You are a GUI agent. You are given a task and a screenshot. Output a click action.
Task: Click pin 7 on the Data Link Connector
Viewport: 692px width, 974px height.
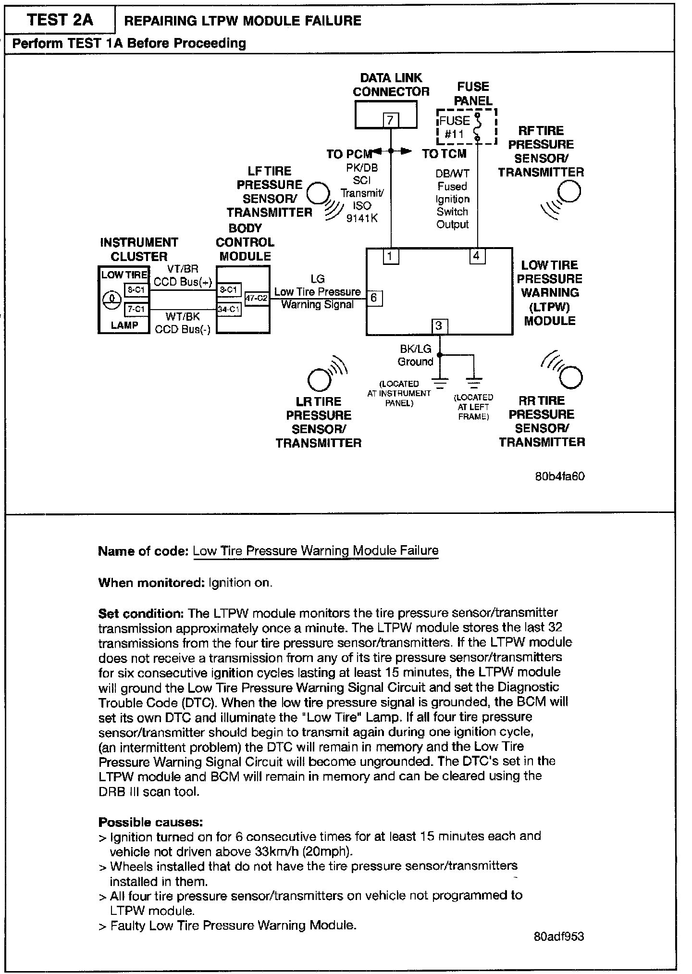(x=391, y=120)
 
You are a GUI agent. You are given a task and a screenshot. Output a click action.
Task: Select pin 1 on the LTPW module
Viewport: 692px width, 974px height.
(x=391, y=257)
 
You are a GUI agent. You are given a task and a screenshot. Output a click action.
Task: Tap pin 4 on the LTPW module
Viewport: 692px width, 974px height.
(x=477, y=256)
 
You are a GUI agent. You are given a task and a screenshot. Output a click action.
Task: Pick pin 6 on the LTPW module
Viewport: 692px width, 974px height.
(x=374, y=299)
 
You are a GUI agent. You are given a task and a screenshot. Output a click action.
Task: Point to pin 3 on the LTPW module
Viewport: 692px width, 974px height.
(x=439, y=326)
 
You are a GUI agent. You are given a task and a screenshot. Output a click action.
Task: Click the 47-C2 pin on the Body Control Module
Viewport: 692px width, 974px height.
(x=256, y=298)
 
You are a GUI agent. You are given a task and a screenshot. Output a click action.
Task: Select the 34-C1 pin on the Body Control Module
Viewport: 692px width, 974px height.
(x=229, y=310)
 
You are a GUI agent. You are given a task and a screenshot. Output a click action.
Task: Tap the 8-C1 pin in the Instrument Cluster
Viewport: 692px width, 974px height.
(x=136, y=290)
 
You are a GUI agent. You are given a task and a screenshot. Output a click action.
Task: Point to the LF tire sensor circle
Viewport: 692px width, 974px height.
(x=317, y=193)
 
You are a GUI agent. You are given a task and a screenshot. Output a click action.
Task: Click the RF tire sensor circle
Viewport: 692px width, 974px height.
(x=570, y=191)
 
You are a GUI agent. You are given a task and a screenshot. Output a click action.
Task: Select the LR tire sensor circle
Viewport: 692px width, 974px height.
(x=319, y=380)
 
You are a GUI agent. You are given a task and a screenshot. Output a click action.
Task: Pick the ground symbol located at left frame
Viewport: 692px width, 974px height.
(x=474, y=383)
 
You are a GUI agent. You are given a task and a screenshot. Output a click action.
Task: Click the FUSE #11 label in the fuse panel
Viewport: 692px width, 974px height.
(x=454, y=127)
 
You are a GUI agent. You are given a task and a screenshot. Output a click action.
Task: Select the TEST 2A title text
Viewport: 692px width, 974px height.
(x=60, y=20)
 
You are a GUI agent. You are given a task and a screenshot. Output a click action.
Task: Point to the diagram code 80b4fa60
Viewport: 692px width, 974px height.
(x=560, y=476)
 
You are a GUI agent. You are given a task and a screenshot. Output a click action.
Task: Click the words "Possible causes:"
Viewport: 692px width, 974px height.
(x=150, y=822)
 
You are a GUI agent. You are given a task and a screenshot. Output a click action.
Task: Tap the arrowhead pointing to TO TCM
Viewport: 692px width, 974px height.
(x=407, y=151)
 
